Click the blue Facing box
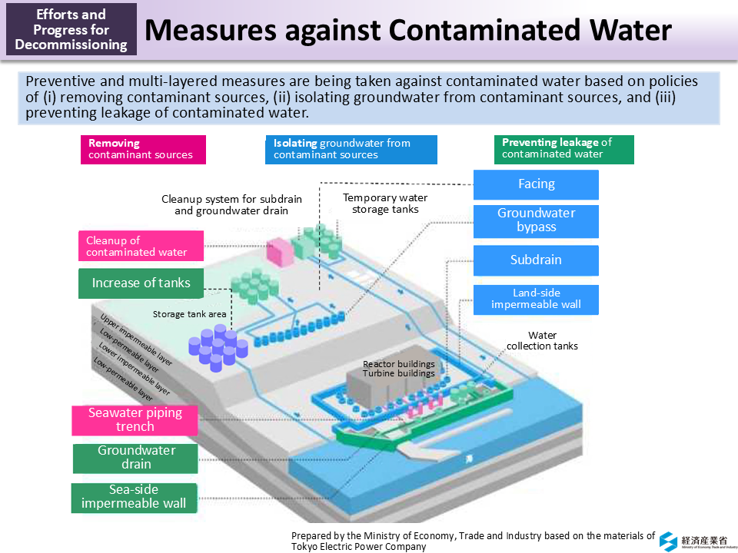(536, 184)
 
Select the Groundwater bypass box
(536, 220)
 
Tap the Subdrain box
(536, 260)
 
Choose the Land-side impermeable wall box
(536, 299)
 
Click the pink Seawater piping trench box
(135, 419)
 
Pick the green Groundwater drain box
(135, 458)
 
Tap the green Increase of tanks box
(141, 283)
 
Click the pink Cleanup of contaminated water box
(141, 246)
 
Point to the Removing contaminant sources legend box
(143, 149)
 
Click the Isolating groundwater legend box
(351, 149)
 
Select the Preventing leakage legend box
(563, 149)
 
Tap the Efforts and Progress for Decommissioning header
(71, 29)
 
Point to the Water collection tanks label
(542, 340)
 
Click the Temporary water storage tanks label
(385, 204)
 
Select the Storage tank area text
(189, 314)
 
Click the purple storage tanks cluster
(218, 347)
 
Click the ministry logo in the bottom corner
(668, 539)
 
